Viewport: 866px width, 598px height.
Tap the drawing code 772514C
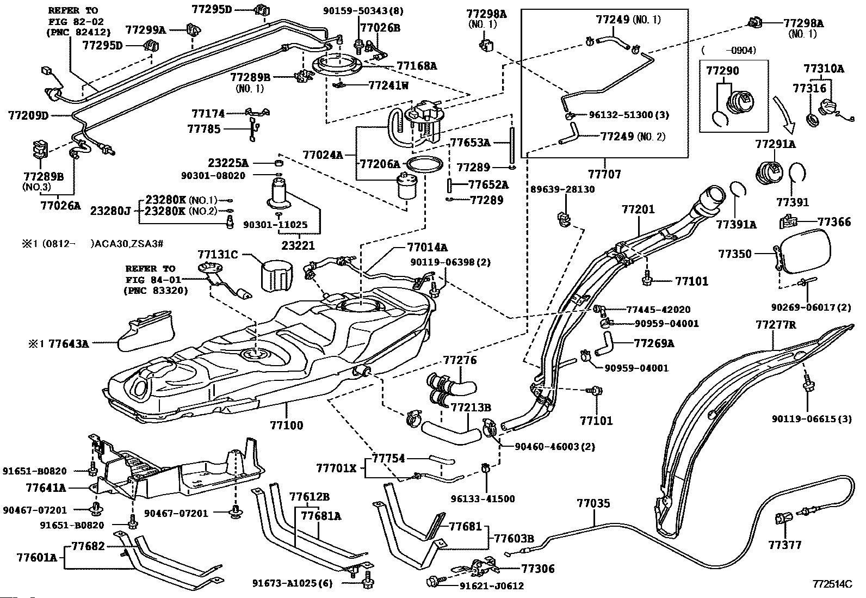pos(831,584)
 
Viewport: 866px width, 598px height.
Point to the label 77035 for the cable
pos(593,503)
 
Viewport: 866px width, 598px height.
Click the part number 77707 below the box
pos(604,174)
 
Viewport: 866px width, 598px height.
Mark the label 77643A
pos(68,343)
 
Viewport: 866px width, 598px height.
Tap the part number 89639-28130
pos(563,189)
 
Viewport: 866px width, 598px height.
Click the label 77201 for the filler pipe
pos(638,209)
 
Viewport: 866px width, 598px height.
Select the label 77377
pos(785,545)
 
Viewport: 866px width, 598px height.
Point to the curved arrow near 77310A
pos(784,115)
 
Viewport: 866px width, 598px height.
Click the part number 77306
pos(538,569)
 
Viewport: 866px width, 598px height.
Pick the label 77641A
pos(46,488)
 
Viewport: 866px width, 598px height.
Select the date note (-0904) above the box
pos(729,50)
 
